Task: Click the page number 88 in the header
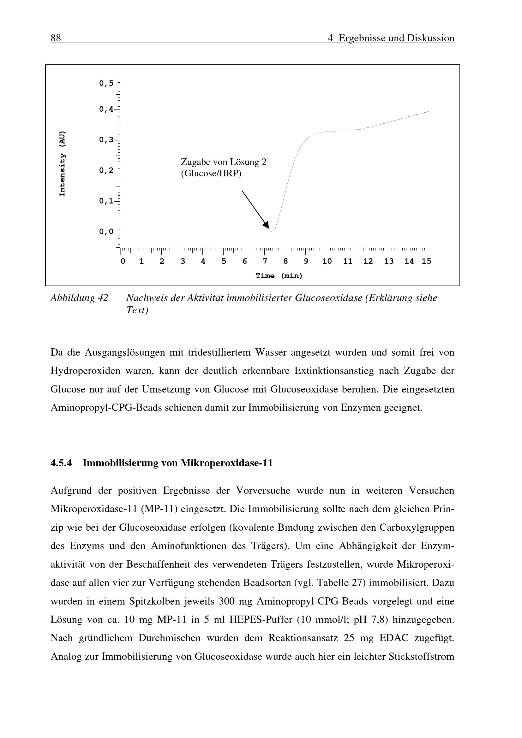click(56, 38)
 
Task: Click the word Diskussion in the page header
click(431, 38)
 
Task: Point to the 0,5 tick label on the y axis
click(106, 84)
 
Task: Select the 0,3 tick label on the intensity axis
click(106, 140)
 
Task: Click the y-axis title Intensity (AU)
click(63, 164)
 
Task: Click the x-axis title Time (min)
click(279, 276)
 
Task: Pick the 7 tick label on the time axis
click(265, 261)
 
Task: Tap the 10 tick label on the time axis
click(327, 261)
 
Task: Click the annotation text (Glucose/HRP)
click(211, 174)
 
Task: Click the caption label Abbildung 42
click(79, 298)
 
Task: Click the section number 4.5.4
click(61, 463)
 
